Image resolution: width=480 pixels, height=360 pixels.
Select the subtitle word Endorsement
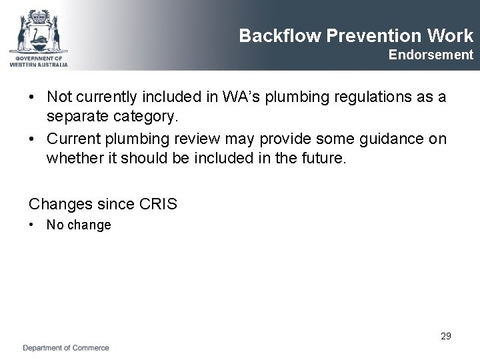click(x=431, y=55)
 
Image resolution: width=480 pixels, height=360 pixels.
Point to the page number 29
click(x=445, y=336)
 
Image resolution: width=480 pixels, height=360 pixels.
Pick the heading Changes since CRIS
click(x=103, y=204)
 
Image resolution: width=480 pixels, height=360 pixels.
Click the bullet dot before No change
click(x=32, y=225)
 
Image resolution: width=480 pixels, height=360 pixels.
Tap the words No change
click(x=79, y=225)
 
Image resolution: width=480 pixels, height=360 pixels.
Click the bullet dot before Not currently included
click(x=32, y=97)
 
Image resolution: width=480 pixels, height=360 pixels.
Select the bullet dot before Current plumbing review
click(x=32, y=139)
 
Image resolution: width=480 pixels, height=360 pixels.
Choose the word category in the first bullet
click(x=147, y=117)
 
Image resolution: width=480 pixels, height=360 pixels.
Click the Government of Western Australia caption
click(x=38, y=61)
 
